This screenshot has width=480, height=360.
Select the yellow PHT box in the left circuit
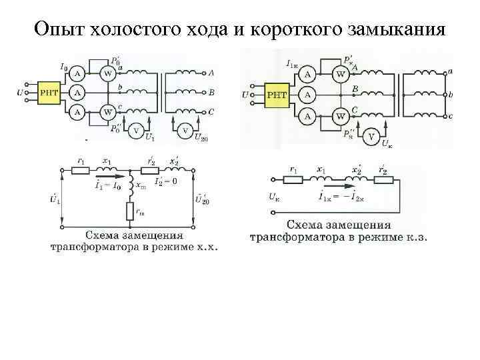point(50,92)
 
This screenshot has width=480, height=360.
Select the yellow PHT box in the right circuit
point(277,95)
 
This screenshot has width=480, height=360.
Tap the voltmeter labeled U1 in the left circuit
point(136,130)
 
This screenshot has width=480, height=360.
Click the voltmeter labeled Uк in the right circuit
point(371,137)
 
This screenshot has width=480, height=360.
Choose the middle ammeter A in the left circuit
point(77,92)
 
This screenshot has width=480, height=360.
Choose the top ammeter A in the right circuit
point(308,73)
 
